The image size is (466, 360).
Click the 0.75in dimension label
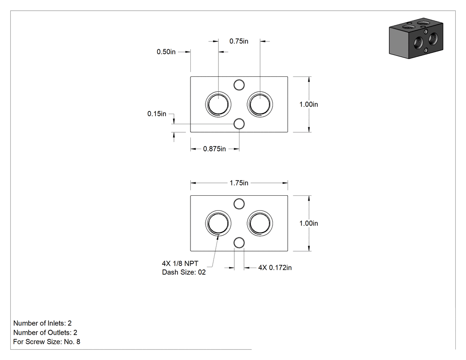(239, 41)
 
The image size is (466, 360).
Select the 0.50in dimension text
(166, 52)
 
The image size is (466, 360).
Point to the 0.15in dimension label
(157, 114)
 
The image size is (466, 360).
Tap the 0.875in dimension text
(214, 149)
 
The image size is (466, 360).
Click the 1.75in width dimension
(239, 183)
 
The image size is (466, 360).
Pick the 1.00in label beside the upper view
(308, 104)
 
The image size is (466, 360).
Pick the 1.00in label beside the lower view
(308, 223)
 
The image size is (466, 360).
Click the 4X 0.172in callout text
(275, 268)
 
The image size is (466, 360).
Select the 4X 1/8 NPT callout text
(180, 263)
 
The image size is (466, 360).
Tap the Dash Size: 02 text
(184, 272)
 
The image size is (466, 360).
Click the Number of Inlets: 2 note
(43, 323)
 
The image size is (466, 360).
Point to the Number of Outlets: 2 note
(45, 332)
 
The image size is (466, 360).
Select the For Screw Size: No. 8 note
(47, 341)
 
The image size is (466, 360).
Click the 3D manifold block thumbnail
(416, 38)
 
